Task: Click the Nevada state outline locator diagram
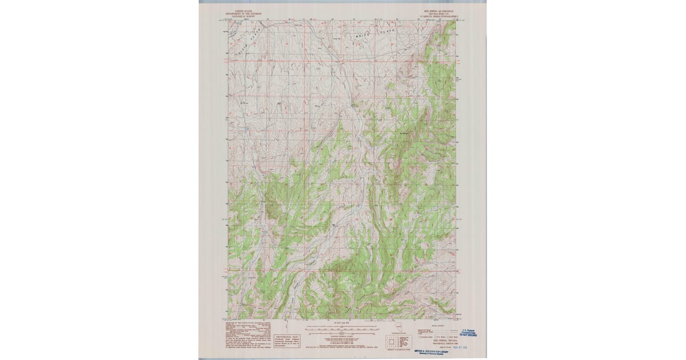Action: click(x=398, y=330)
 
